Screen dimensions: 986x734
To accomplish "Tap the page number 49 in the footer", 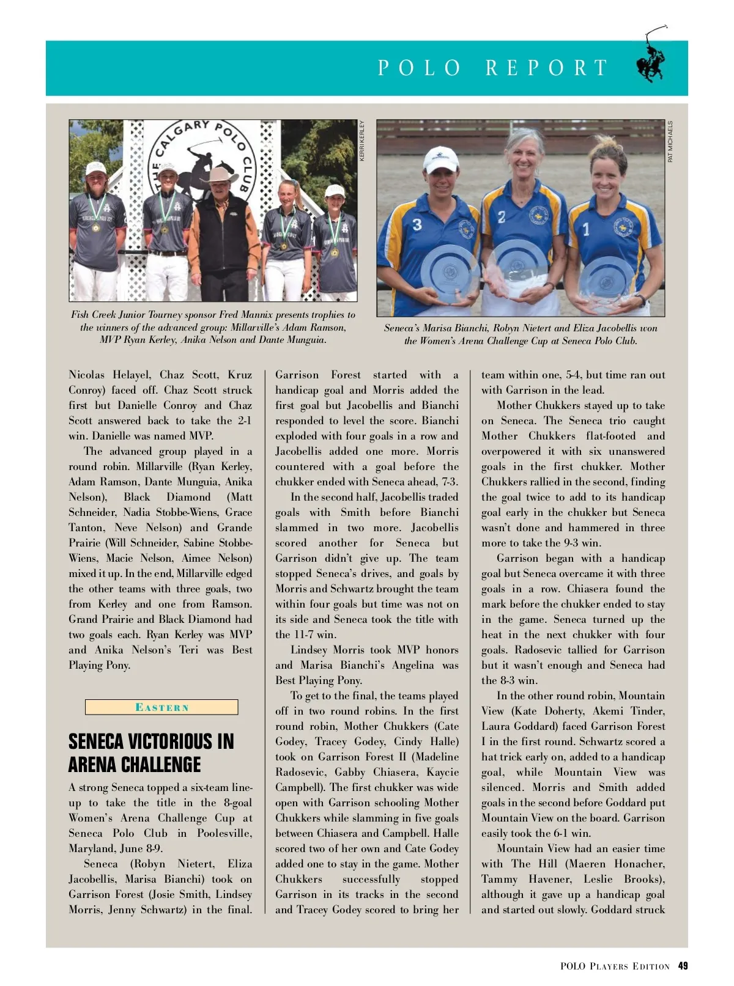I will coord(683,966).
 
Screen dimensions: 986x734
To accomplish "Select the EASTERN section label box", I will coord(161,707).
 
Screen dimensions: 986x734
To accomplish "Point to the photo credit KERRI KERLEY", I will coord(362,141).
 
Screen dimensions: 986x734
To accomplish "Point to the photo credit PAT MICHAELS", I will coord(670,141).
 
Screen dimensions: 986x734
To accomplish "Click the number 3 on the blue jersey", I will coord(417,225).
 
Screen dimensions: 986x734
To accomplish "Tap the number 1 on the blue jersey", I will coord(586,229).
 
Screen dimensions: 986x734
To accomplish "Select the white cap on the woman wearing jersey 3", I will coord(440,158).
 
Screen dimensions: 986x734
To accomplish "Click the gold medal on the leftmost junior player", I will coord(96,227).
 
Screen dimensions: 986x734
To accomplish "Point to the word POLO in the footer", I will coord(573,966).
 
